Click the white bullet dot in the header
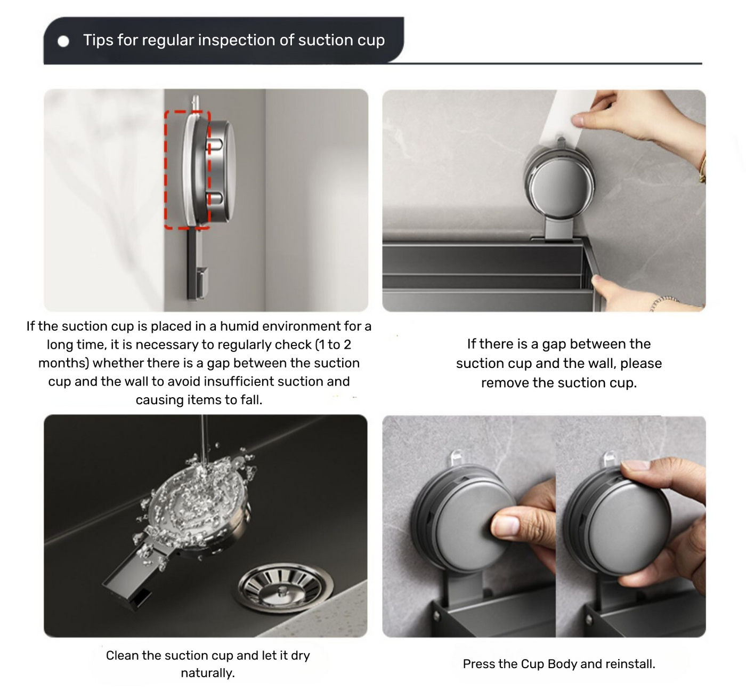[x=63, y=42]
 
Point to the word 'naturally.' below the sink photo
[x=208, y=673]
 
